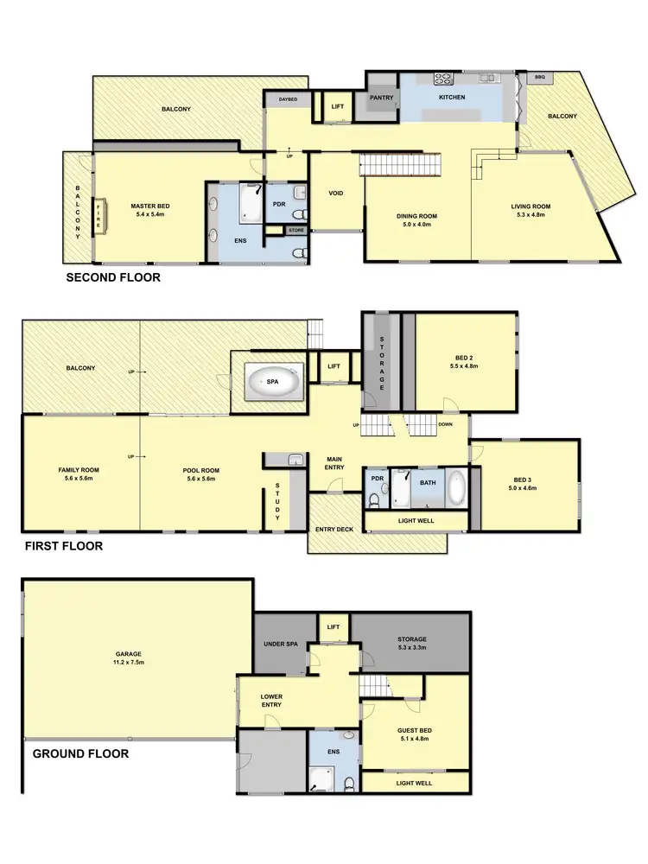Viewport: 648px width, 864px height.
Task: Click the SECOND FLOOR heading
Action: pos(114,278)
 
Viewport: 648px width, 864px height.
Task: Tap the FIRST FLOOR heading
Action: pos(64,546)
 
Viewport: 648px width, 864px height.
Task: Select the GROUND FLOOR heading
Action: pos(81,753)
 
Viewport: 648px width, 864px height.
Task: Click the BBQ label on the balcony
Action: pos(541,77)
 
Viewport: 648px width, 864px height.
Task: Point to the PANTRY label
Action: pos(381,98)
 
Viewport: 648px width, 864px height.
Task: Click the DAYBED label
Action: pos(288,100)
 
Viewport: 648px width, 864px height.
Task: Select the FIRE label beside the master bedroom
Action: pos(99,211)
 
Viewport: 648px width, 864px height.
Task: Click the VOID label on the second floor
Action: pos(336,193)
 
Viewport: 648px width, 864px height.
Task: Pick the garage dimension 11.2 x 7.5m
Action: pos(128,664)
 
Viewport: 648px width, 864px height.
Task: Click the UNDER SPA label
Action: pos(279,645)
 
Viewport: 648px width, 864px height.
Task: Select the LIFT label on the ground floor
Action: pos(334,627)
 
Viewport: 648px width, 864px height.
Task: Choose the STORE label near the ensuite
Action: pos(296,231)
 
